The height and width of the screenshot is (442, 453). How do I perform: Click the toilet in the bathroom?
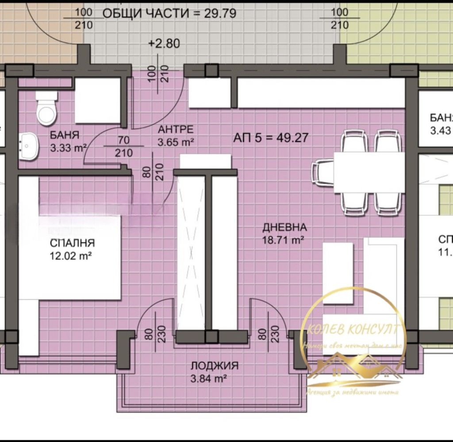click(46, 109)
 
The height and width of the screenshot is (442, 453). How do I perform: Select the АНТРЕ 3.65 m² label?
click(176, 135)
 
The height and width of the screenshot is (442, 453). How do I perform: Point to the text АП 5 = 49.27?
click(270, 137)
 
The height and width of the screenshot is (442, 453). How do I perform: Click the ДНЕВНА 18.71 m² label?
click(284, 234)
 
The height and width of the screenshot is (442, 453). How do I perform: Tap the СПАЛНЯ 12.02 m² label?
click(72, 248)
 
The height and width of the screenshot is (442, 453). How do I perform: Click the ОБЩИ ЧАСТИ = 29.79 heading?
click(169, 13)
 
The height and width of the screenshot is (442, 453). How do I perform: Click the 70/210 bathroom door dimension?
click(124, 146)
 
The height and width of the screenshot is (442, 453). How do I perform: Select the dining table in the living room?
click(369, 172)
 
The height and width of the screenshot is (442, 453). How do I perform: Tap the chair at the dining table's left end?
click(323, 172)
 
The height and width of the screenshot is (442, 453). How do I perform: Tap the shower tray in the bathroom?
click(98, 101)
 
